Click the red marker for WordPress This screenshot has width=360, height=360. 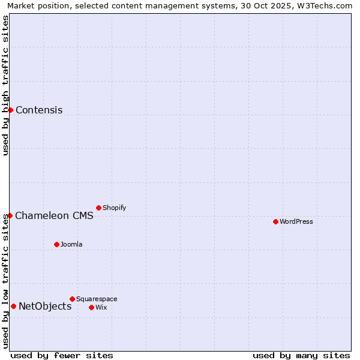(x=275, y=221)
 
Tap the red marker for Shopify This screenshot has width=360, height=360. (x=98, y=208)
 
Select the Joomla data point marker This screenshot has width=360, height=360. (x=56, y=244)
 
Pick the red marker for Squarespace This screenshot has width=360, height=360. (x=72, y=299)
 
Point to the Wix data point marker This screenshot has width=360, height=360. (x=91, y=307)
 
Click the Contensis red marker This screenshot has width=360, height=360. (x=10, y=110)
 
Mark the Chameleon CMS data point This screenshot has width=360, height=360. (x=10, y=215)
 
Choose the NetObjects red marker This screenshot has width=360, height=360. (x=13, y=306)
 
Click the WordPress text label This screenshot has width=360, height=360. (x=296, y=221)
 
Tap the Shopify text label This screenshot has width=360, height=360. (x=114, y=208)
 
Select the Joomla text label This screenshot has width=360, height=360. (x=71, y=244)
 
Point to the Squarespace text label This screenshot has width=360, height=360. (x=97, y=299)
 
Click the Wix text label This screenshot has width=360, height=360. (x=101, y=307)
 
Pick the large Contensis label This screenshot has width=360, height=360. (x=39, y=110)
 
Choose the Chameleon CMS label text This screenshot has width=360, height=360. (x=54, y=216)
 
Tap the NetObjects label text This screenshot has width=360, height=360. (x=45, y=307)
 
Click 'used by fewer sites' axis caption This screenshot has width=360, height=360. (x=62, y=356)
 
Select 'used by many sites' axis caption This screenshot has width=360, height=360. (x=301, y=356)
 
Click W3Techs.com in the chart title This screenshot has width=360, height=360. (x=323, y=5)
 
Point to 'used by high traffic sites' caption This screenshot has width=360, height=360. (x=5, y=85)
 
